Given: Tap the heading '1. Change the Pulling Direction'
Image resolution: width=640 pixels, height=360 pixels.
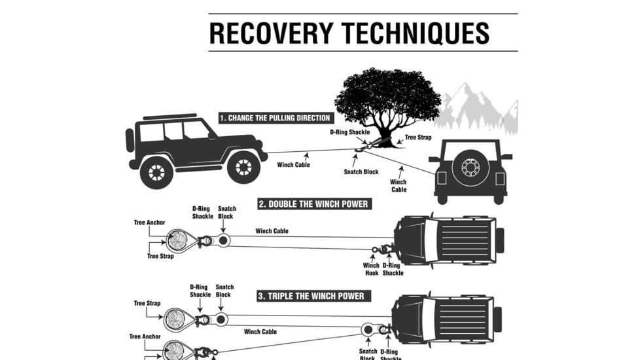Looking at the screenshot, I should click(x=275, y=118).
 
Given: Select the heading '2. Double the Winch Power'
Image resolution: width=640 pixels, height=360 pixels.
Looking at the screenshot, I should click(x=313, y=204).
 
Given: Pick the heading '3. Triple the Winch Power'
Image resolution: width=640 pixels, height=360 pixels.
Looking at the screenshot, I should click(x=311, y=297).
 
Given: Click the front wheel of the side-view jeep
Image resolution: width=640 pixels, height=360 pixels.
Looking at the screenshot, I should click(x=243, y=168).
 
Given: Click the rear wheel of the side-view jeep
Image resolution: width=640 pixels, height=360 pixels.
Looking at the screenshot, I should click(x=156, y=171).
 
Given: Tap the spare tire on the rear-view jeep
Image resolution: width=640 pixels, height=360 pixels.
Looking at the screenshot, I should click(x=470, y=167).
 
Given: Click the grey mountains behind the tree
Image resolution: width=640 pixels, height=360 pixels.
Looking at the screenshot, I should click(x=478, y=108).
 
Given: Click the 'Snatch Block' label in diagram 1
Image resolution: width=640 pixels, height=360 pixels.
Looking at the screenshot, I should click(x=362, y=172).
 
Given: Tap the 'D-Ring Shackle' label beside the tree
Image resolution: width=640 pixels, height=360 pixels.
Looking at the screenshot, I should click(x=349, y=132).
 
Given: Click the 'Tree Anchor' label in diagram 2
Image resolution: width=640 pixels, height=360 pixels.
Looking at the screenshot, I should click(x=149, y=223).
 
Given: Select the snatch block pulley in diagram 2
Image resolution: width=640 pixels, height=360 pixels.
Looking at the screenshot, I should click(x=223, y=241).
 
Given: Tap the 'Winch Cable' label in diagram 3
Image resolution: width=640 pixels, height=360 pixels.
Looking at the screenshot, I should click(x=260, y=332).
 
